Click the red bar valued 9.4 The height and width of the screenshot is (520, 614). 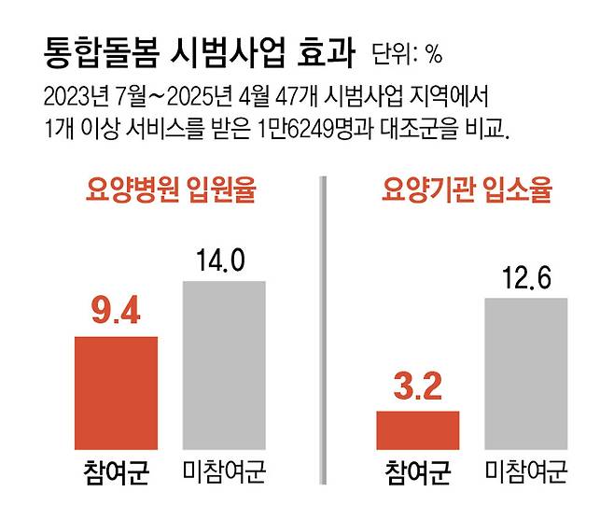pos(116,393)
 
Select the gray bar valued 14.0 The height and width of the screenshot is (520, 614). pos(223,365)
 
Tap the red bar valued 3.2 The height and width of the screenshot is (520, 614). pos(418,430)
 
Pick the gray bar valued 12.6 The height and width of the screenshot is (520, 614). pos(525,373)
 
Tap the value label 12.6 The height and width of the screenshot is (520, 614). pos(525,278)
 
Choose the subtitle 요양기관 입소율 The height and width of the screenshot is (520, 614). pos(467,192)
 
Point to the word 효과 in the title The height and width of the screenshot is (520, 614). pos(325,52)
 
